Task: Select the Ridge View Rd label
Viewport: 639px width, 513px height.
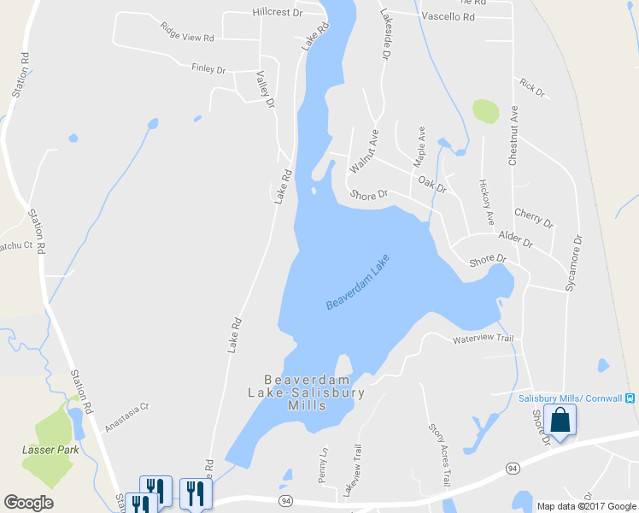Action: [186, 32]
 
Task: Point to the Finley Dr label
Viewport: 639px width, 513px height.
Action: [208, 68]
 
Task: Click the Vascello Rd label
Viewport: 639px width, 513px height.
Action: [448, 16]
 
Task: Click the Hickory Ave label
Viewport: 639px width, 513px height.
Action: [486, 202]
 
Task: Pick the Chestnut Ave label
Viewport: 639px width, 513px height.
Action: [513, 135]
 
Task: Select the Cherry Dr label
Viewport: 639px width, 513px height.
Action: [534, 218]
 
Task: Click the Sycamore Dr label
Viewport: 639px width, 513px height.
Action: [573, 262]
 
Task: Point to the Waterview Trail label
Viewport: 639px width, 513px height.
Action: [483, 339]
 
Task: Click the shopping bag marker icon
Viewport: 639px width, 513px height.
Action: [560, 421]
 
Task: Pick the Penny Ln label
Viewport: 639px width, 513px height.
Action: [323, 465]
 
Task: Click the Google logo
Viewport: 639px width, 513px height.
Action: [28, 503]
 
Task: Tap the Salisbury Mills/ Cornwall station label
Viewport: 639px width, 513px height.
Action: [571, 398]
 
